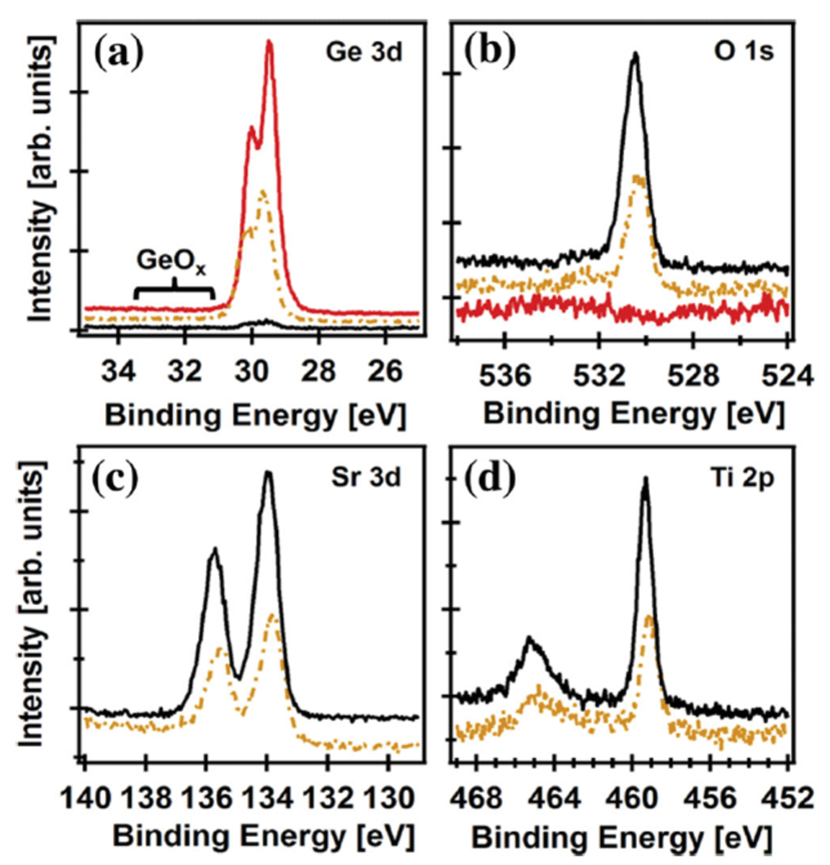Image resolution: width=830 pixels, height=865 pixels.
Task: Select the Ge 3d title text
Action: tap(363, 53)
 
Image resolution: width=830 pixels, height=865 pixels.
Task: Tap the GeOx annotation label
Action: tap(171, 261)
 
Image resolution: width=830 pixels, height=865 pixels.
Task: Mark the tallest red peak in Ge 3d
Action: tap(270, 43)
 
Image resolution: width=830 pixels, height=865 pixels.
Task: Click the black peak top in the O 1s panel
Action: tap(635, 54)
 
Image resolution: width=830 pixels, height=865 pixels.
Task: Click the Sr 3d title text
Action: tap(365, 478)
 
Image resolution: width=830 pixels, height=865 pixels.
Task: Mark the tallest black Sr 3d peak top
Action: tap(268, 473)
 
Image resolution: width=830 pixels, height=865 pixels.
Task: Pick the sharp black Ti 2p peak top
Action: tap(646, 479)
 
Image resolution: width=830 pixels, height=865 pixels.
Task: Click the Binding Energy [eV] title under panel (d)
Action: tap(620, 838)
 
